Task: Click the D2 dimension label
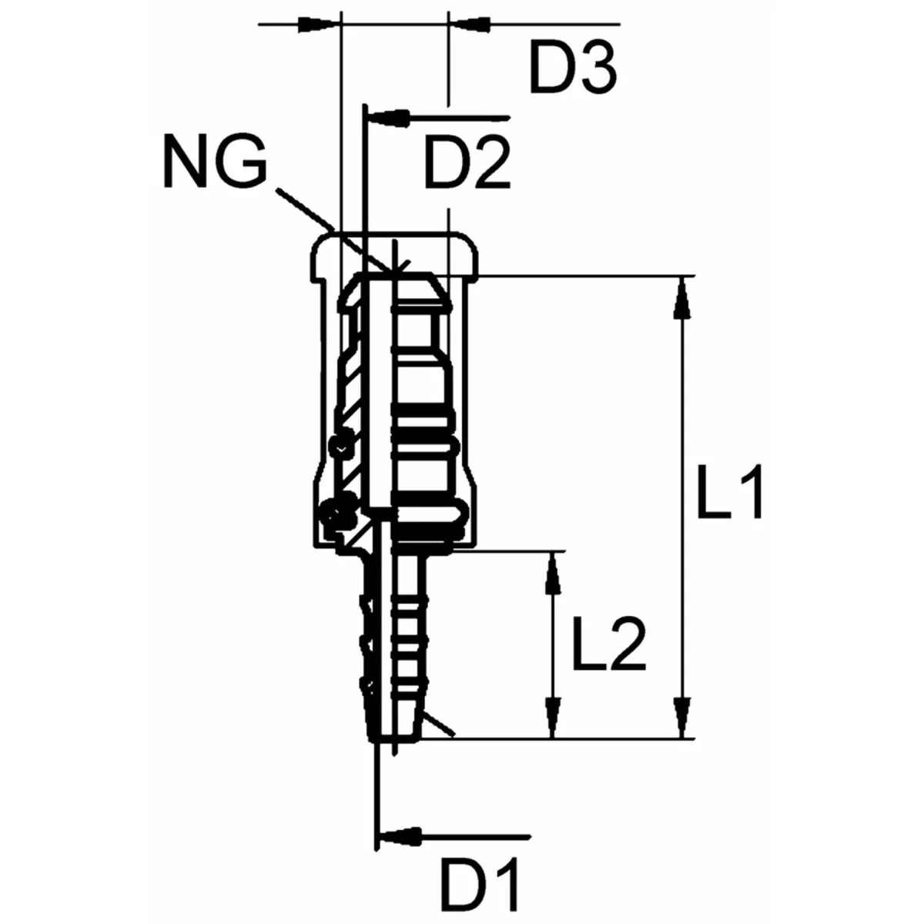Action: [x=467, y=163]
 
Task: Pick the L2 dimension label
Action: [x=609, y=645]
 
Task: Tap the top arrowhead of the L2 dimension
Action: [x=554, y=573]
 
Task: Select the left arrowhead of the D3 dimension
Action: [x=318, y=24]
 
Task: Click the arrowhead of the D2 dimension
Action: [x=390, y=117]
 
